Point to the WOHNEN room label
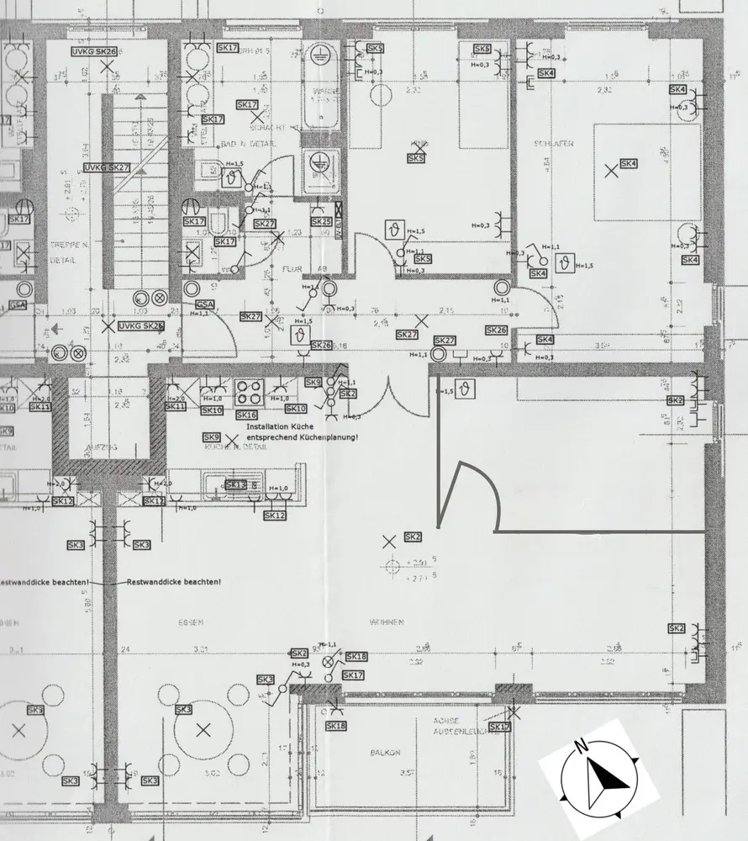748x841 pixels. [x=386, y=623]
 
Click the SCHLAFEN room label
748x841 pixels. [x=553, y=145]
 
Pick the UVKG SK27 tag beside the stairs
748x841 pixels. [x=107, y=168]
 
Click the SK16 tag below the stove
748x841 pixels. [x=246, y=415]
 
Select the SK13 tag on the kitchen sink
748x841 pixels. [x=236, y=485]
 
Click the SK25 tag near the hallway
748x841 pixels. [x=321, y=222]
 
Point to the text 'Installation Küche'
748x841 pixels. [x=280, y=427]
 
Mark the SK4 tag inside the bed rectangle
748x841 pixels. [x=629, y=164]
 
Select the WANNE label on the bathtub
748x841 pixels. [x=325, y=91]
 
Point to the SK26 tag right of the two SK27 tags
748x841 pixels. [x=496, y=331]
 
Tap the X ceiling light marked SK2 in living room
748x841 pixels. [x=388, y=541]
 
